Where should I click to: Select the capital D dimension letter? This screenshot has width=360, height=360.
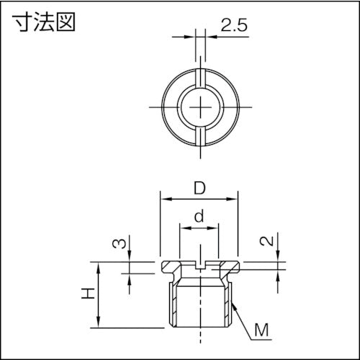199,189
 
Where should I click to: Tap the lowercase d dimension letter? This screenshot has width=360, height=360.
199,215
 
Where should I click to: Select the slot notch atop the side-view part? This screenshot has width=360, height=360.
199,265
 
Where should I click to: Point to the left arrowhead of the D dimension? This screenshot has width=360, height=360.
163,199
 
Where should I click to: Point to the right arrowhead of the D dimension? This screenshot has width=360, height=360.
235,199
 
